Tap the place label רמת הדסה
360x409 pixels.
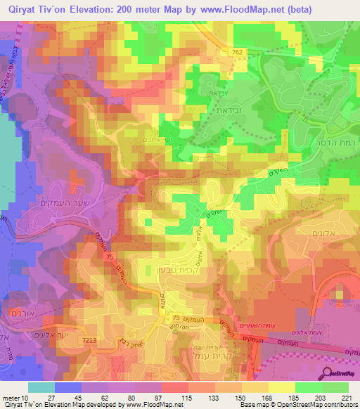[333, 140]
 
